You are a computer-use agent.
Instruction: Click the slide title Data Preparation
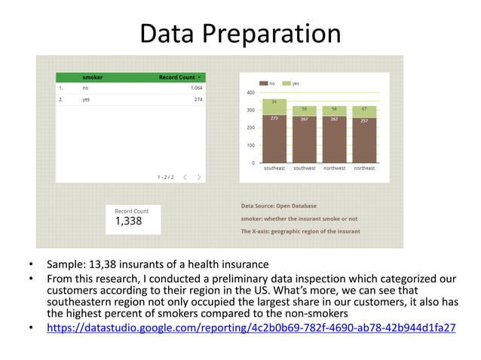240,34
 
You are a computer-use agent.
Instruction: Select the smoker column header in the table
93,77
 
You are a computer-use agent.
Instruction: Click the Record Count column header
177,77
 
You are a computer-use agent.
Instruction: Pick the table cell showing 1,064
194,87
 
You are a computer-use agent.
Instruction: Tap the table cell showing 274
198,99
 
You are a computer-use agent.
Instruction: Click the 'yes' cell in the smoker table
87,99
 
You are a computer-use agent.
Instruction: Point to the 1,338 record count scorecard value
128,221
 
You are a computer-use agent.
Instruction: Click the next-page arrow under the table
198,177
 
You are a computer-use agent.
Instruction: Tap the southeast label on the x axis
274,168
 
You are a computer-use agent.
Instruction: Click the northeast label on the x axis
364,168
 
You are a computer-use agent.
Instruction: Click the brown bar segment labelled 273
274,139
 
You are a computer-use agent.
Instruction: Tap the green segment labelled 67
364,111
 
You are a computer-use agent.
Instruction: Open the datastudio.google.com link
251,328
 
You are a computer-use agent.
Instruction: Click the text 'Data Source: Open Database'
278,206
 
